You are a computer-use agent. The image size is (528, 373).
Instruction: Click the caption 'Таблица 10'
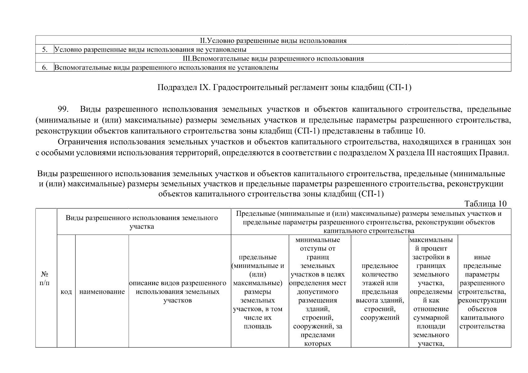485,204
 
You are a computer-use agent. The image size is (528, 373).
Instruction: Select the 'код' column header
66,292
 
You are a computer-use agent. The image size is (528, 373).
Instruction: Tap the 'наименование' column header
102,292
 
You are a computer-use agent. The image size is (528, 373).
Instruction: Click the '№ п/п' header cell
46,278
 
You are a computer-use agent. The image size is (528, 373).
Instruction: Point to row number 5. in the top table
45,49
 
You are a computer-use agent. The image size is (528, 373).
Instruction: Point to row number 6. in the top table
45,67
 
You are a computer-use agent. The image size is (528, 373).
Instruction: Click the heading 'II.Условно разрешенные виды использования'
273,40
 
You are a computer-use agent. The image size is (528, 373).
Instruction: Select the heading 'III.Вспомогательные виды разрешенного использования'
273,58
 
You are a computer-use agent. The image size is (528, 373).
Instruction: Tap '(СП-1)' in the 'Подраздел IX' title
399,88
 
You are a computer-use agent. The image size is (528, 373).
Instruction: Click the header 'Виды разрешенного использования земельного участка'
142,222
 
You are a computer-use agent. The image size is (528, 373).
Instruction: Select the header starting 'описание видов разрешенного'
178,292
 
